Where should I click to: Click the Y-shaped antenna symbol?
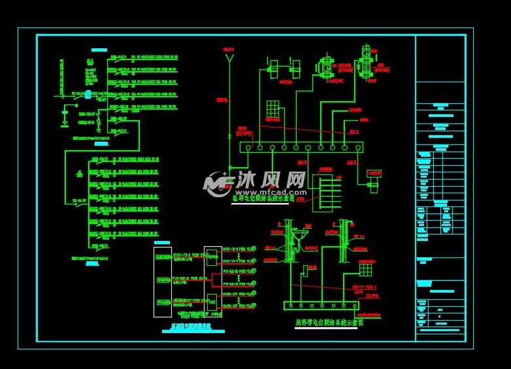[x=229, y=58]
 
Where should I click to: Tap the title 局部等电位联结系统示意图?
[x=329, y=323]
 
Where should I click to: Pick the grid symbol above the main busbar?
[x=272, y=109]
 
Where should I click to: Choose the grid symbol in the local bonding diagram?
[x=365, y=270]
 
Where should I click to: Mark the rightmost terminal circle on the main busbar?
[x=357, y=148]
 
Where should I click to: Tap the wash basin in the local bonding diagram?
[x=301, y=234]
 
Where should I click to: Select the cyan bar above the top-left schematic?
[x=99, y=50]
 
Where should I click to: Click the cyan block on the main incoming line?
[x=88, y=95]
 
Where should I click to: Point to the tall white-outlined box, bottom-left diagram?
[x=162, y=281]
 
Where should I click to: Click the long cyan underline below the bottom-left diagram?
[x=193, y=332]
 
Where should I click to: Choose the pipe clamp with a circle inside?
[x=326, y=67]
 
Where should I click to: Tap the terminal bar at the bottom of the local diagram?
[x=321, y=305]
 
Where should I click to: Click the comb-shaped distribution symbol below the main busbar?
[x=327, y=193]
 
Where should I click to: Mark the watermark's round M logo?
[x=215, y=185]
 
